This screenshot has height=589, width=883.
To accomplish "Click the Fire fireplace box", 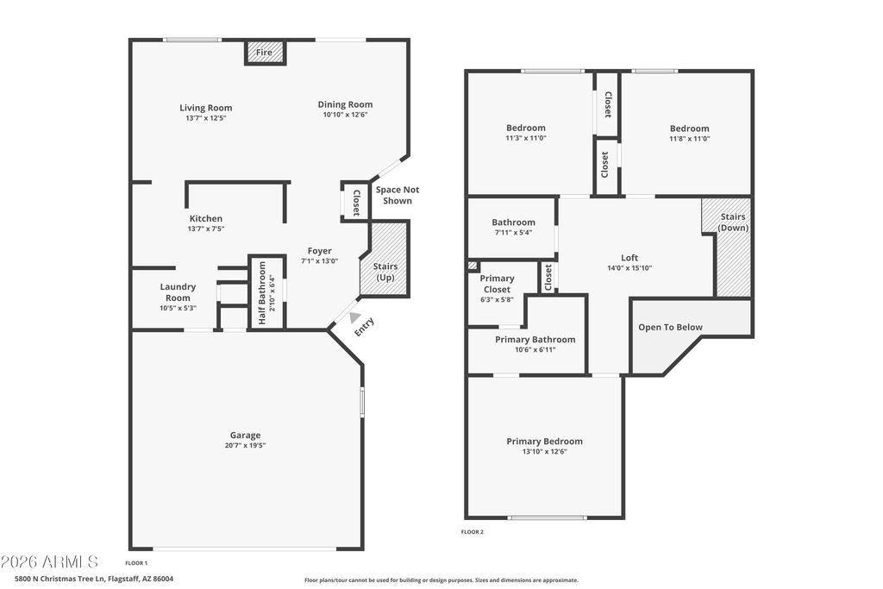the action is click(266, 53).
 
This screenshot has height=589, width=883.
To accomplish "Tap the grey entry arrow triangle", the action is click(354, 317).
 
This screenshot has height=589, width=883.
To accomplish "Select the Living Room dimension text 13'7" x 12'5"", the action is click(205, 118).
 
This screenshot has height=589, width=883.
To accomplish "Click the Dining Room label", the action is click(345, 104).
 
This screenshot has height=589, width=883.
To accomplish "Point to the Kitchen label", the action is click(205, 218).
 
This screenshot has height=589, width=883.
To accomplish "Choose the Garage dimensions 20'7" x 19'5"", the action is click(245, 445).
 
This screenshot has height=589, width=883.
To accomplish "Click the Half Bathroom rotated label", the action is click(262, 293).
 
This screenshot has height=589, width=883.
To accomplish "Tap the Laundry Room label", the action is click(178, 292).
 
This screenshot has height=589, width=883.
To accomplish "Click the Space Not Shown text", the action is click(398, 196).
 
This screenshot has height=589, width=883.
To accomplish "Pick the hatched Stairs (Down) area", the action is click(729, 247).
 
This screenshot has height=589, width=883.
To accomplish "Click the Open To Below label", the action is click(670, 327).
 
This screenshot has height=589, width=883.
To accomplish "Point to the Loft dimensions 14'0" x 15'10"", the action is click(629, 268).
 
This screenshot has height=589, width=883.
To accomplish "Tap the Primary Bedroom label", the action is click(545, 442).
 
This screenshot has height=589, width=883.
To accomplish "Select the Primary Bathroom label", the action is click(535, 340).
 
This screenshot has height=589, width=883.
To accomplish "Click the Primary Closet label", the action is click(497, 284).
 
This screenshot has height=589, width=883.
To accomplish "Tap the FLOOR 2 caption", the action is click(473, 532).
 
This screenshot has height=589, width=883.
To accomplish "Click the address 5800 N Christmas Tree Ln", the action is click(60, 579).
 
